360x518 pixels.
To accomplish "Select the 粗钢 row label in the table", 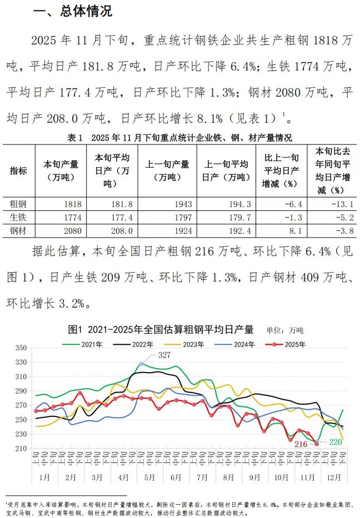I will (x=18, y=204).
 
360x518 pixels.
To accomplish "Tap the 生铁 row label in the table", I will (x=18, y=217).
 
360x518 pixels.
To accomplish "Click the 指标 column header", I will (x=18, y=170).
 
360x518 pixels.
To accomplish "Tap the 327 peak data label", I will (x=164, y=355).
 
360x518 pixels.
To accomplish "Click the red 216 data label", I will (x=301, y=444).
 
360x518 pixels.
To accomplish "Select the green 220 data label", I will (x=335, y=442).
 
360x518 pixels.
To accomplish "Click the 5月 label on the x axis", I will (x=149, y=477).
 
